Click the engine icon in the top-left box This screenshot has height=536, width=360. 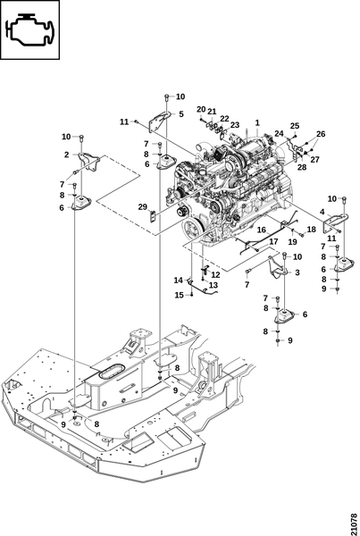(30, 29)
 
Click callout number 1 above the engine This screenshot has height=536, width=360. (257, 122)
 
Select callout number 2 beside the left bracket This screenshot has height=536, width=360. (66, 155)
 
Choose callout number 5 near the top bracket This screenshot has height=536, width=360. (181, 113)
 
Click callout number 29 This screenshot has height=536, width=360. (143, 207)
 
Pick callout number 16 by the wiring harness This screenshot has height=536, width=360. (261, 230)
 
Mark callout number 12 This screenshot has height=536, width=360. (215, 275)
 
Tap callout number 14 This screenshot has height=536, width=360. (179, 281)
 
